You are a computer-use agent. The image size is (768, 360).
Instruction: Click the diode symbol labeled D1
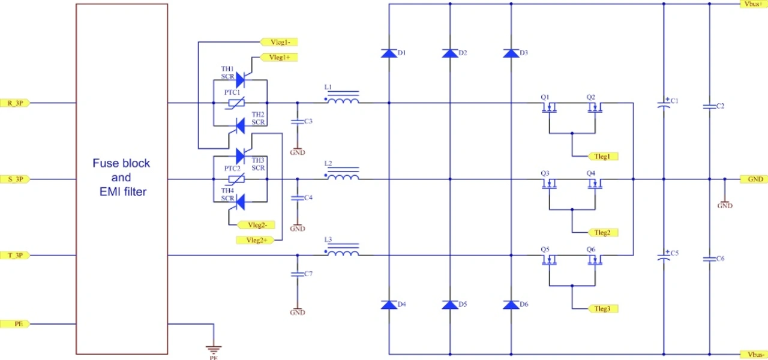tap(389, 53)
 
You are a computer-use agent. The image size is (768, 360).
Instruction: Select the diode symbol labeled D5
tap(450, 305)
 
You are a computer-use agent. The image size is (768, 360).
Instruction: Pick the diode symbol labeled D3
tap(511, 53)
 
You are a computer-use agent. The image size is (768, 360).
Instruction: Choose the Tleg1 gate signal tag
tap(602, 156)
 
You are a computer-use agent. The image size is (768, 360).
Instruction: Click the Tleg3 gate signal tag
tap(602, 308)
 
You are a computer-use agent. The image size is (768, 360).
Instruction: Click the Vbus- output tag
tap(754, 354)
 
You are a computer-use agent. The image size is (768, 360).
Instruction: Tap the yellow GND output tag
tap(754, 179)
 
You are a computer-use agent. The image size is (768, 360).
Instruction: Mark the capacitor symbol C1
tap(664, 103)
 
